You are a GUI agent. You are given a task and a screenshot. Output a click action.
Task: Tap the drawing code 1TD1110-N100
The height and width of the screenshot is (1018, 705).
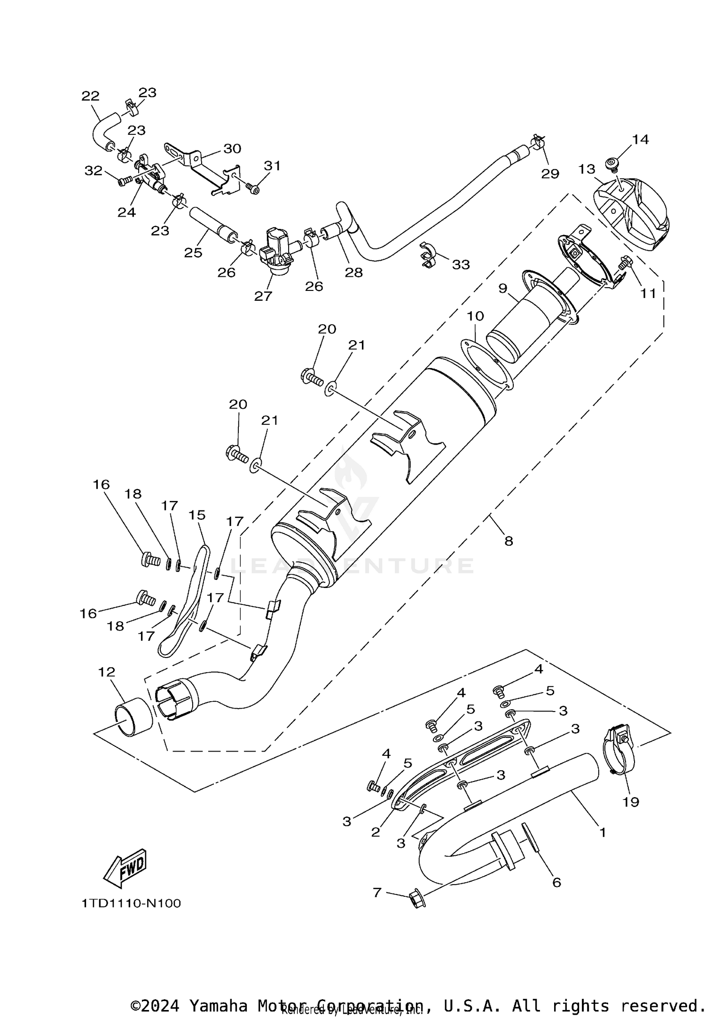131,903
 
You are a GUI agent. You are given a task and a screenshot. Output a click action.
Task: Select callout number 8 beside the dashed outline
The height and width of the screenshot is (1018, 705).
509,541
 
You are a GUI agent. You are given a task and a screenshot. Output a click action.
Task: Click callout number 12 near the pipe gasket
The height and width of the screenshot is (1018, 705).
107,672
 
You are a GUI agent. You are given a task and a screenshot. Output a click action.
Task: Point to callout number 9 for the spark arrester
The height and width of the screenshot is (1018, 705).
503,288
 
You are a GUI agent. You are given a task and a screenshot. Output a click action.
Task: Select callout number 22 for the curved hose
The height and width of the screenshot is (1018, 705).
91,96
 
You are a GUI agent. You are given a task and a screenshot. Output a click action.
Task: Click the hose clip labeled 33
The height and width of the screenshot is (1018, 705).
427,256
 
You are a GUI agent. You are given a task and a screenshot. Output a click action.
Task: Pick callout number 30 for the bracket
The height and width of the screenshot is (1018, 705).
232,149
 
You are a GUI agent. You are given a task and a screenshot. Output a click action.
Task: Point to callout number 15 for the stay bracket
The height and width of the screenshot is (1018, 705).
197,515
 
